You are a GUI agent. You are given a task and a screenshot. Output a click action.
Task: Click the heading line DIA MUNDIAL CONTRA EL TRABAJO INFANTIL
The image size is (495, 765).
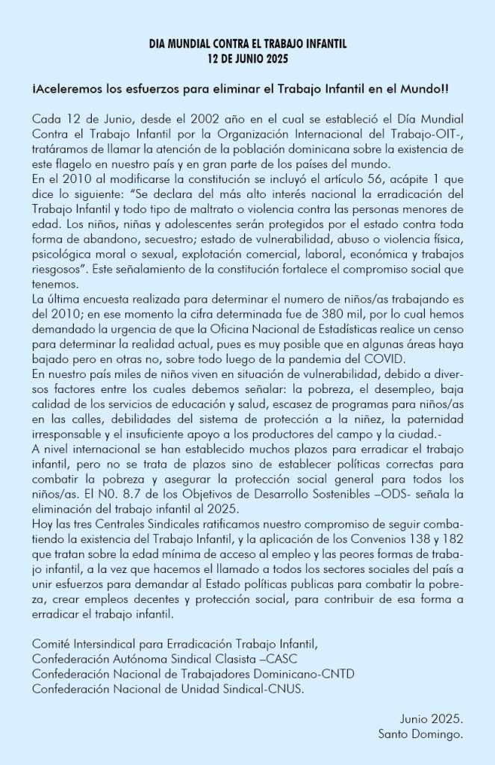247,45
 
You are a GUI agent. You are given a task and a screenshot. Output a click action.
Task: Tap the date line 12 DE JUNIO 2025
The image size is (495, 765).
247,58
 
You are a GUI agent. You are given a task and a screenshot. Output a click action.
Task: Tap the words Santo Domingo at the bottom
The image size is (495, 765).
421,734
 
